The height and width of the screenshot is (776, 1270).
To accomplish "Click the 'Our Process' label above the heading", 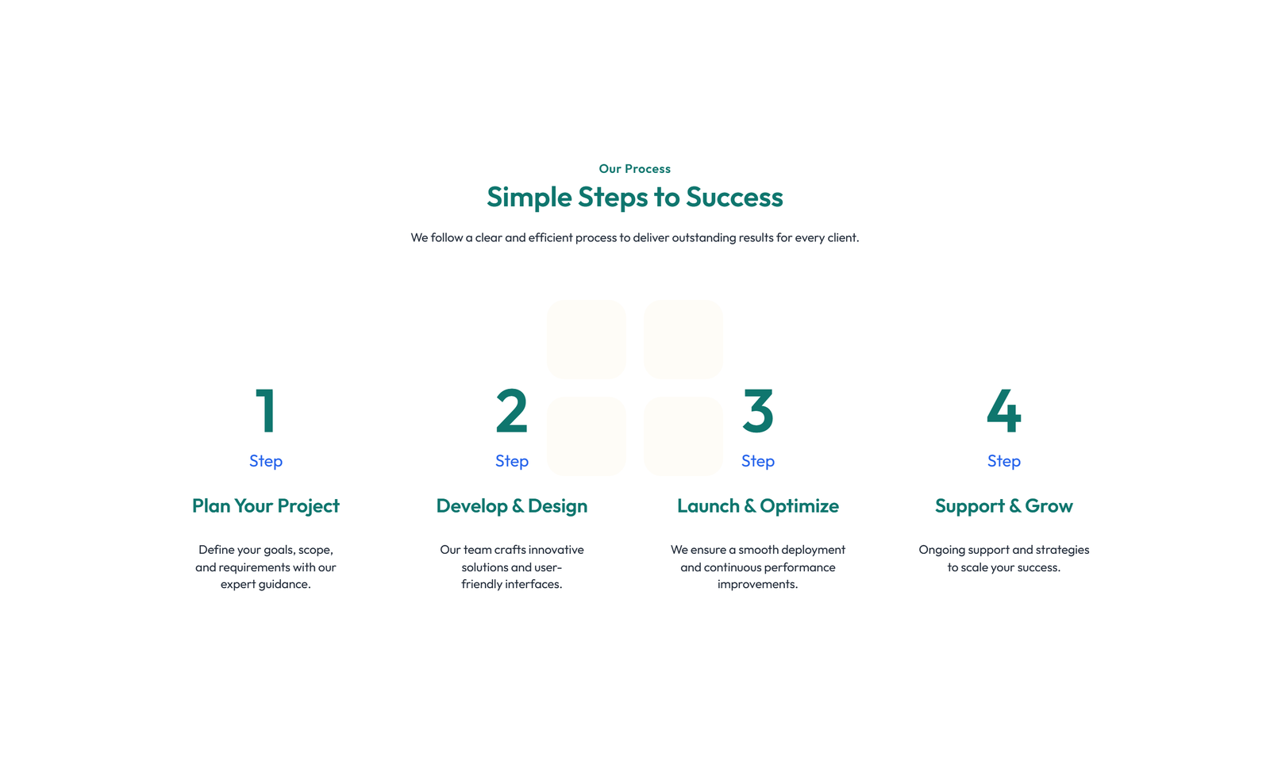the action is point(634,168).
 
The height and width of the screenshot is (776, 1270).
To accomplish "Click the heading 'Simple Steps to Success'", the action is point(634,198).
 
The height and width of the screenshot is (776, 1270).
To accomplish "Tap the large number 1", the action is point(265,410).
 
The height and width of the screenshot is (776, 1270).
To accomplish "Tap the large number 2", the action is point(511,410).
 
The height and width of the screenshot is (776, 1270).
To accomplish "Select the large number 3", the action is point(757,411).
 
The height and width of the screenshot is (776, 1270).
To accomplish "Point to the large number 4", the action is point(1003,410).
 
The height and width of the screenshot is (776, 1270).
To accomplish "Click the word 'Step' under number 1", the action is point(265,461).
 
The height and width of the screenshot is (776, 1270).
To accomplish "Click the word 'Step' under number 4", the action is point(1003,461).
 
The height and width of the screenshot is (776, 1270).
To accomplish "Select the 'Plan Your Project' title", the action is point(265,505).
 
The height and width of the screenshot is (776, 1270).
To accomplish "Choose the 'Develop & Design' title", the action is point(511,505).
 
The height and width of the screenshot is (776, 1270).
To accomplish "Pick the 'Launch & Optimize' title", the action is point(757,505).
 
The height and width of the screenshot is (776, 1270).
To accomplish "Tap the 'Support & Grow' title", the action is point(1003,505).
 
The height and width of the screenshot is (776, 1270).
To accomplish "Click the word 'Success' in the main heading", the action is point(734,197).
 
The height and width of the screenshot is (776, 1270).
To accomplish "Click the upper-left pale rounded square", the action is point(587,340).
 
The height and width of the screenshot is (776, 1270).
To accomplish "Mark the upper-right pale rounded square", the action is point(683,340).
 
